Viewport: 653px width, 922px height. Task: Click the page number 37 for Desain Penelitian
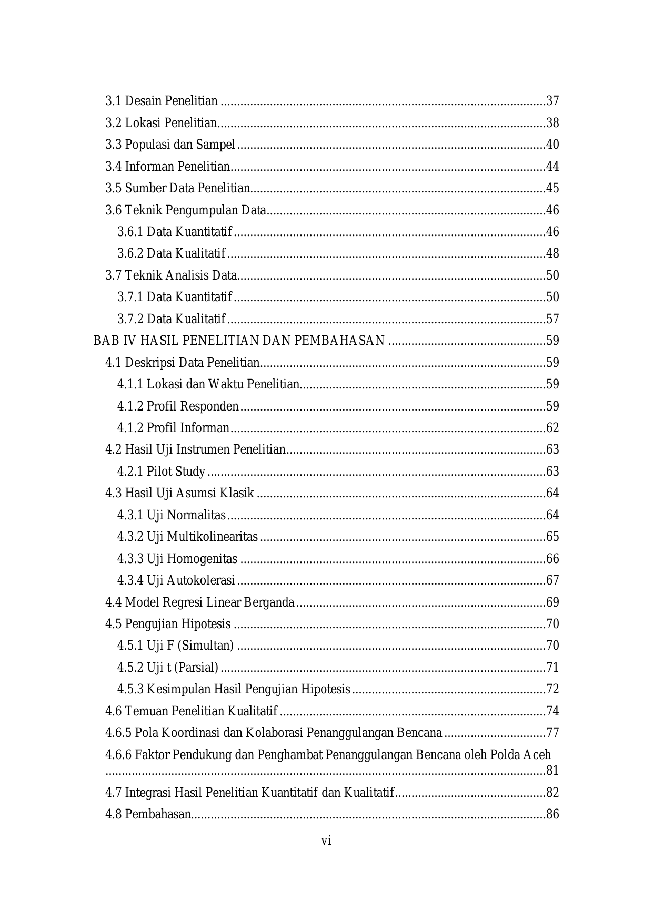552,101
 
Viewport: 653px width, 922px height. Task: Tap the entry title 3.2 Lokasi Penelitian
161,123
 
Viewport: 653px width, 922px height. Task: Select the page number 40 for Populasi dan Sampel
552,145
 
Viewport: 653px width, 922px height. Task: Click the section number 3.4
113,167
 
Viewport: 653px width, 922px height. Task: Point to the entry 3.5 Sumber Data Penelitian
177,188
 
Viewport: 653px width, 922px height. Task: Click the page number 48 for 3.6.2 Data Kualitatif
552,254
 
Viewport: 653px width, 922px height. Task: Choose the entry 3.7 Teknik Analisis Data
171,275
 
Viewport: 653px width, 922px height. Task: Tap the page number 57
552,319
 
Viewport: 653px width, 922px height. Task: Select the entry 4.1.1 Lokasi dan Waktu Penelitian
208,384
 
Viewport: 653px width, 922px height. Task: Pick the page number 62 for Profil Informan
552,428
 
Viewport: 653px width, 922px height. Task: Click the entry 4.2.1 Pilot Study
161,472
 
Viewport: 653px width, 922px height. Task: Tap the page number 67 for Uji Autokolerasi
552,580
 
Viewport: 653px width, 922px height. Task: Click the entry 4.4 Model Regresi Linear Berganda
199,602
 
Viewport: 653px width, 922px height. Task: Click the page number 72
552,689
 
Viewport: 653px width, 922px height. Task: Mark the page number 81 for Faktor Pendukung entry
552,771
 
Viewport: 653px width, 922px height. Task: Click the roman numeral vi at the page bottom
326,841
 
